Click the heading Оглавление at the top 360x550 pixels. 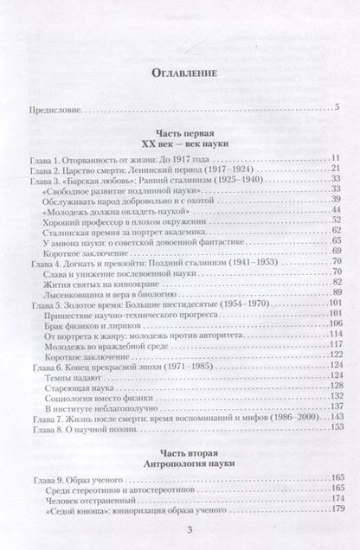180,73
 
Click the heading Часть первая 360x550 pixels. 179,135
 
